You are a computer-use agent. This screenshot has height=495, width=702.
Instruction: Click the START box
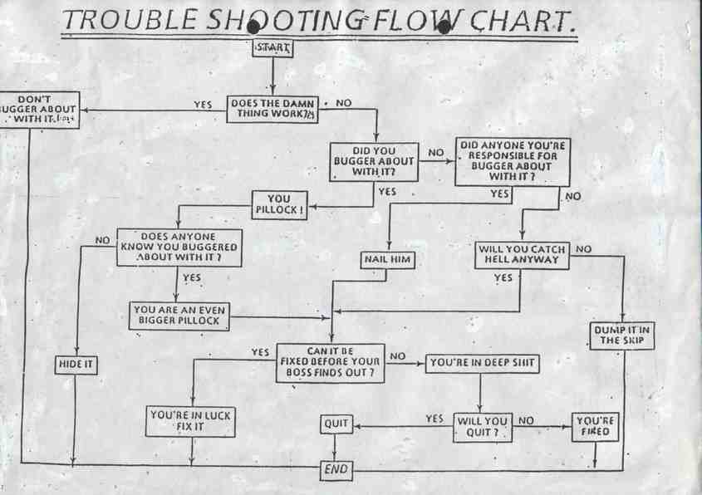click(272, 49)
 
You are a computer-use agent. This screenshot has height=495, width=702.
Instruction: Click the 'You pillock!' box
click(279, 205)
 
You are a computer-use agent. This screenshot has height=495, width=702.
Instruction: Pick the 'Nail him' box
click(388, 260)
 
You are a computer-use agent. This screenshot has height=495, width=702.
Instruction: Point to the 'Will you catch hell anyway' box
click(522, 255)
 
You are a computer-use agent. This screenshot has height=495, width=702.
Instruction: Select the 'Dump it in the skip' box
click(622, 335)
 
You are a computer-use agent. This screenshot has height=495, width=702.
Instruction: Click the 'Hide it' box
click(76, 364)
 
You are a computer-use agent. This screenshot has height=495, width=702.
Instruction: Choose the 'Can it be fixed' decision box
click(331, 362)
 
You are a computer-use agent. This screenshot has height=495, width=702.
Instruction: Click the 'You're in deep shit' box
click(482, 362)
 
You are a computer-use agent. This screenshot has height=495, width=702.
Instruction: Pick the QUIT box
click(336, 424)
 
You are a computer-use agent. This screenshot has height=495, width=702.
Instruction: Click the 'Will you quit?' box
click(482, 427)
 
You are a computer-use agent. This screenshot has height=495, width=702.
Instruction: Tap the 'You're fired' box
click(595, 427)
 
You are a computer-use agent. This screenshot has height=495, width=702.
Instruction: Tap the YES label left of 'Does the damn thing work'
click(203, 105)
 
